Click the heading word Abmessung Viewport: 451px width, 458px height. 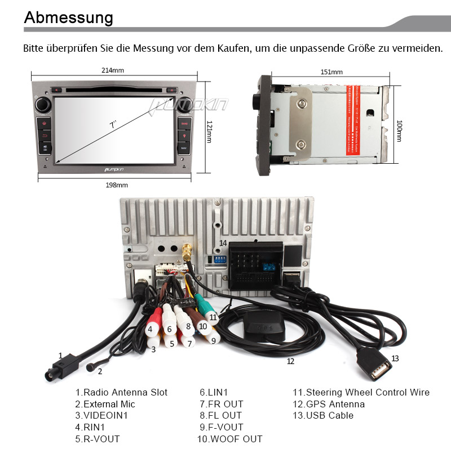68,17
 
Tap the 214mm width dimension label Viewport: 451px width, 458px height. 113,71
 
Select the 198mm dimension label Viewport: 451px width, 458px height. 117,185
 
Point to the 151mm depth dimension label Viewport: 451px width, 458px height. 331,72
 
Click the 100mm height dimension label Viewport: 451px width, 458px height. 399,131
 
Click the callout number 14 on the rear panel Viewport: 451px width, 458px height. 223,243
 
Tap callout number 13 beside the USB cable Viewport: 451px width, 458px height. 395,358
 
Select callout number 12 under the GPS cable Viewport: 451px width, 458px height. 290,361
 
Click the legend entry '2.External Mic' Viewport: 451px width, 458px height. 105,404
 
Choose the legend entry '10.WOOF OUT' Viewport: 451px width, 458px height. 229,439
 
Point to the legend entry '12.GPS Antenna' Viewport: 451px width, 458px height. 328,404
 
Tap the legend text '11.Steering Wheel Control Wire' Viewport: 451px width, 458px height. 361,392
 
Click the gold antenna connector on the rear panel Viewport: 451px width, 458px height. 187,251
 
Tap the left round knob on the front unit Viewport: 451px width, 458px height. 43,104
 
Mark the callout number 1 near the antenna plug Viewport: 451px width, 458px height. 60,356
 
